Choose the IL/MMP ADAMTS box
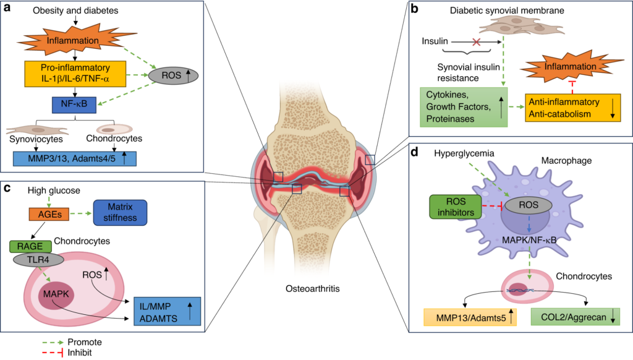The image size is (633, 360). pyautogui.click(x=167, y=310)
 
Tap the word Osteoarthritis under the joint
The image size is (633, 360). pyautogui.click(x=316, y=289)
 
